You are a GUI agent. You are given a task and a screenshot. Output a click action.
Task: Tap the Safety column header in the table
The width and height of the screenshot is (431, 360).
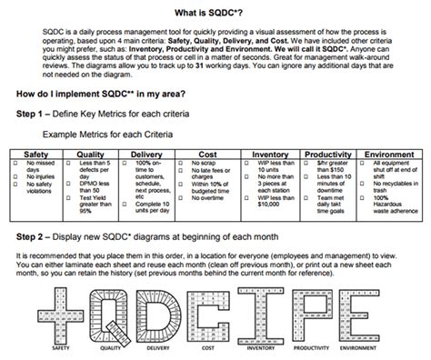click(36, 155)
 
